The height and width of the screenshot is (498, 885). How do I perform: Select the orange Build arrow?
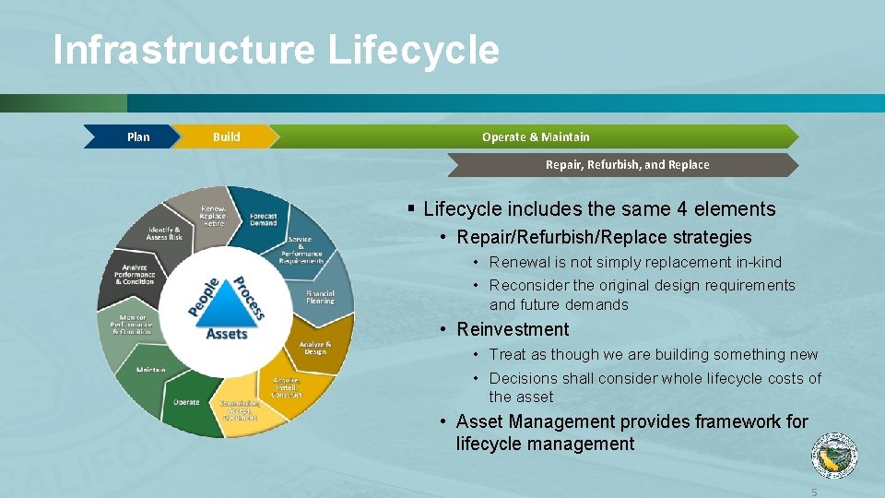click(x=225, y=136)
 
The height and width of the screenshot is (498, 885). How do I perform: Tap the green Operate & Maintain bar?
click(x=536, y=136)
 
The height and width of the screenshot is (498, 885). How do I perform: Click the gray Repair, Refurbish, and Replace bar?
click(x=627, y=165)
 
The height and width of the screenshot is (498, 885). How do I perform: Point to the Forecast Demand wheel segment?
click(x=263, y=219)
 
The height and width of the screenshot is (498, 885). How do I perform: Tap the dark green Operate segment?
click(x=186, y=402)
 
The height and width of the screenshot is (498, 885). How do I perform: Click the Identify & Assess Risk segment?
click(x=165, y=233)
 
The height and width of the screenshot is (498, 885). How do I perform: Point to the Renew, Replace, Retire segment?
click(x=213, y=216)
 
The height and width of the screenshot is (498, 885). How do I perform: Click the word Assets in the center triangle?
click(x=227, y=333)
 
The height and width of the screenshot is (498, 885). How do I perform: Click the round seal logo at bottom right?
click(x=833, y=456)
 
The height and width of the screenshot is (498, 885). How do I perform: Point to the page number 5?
click(x=814, y=492)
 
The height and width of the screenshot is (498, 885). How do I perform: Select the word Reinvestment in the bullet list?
click(x=513, y=329)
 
